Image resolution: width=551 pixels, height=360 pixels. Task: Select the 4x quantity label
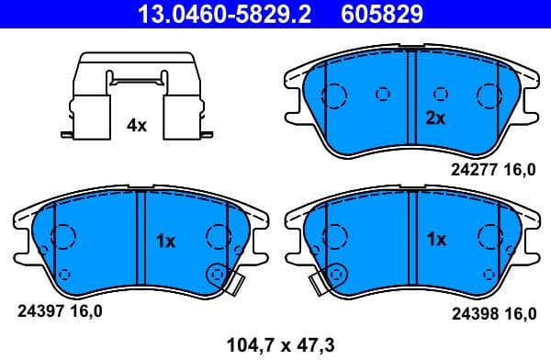point(136,126)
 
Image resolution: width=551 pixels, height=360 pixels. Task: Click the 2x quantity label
point(435,118)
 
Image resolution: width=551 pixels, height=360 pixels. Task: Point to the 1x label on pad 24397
point(165,242)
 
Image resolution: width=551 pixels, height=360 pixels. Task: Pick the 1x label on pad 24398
point(436,240)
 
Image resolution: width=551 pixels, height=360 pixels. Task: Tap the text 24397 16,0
point(60,311)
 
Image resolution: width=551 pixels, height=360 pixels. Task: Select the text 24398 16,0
point(493,313)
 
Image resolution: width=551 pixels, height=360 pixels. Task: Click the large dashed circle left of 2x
point(334,96)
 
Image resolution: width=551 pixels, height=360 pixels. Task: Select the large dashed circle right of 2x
point(488,96)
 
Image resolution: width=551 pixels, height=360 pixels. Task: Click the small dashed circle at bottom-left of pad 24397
point(64,274)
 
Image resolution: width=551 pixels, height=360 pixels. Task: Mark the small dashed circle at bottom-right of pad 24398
point(489,273)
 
